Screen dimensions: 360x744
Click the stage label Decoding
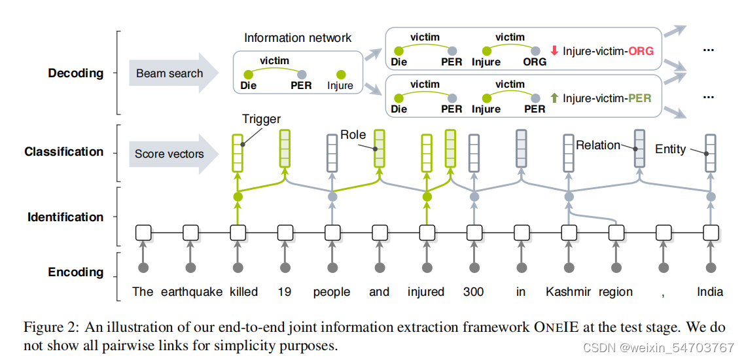tap(76, 73)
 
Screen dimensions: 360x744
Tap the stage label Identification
tap(65, 217)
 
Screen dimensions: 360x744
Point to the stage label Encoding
tap(76, 272)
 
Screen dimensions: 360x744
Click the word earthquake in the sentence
tap(191, 292)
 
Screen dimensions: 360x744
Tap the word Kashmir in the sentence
tap(569, 292)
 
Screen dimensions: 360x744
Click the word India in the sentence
tap(710, 292)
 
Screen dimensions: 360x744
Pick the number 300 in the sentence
tap(474, 292)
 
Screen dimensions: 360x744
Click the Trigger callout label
tap(261, 119)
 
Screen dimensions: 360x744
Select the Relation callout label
tap(598, 145)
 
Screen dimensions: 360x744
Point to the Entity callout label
tap(670, 149)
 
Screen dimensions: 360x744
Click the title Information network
tap(298, 38)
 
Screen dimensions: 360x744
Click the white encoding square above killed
tap(238, 232)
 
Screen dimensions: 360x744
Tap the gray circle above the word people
tap(332, 268)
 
